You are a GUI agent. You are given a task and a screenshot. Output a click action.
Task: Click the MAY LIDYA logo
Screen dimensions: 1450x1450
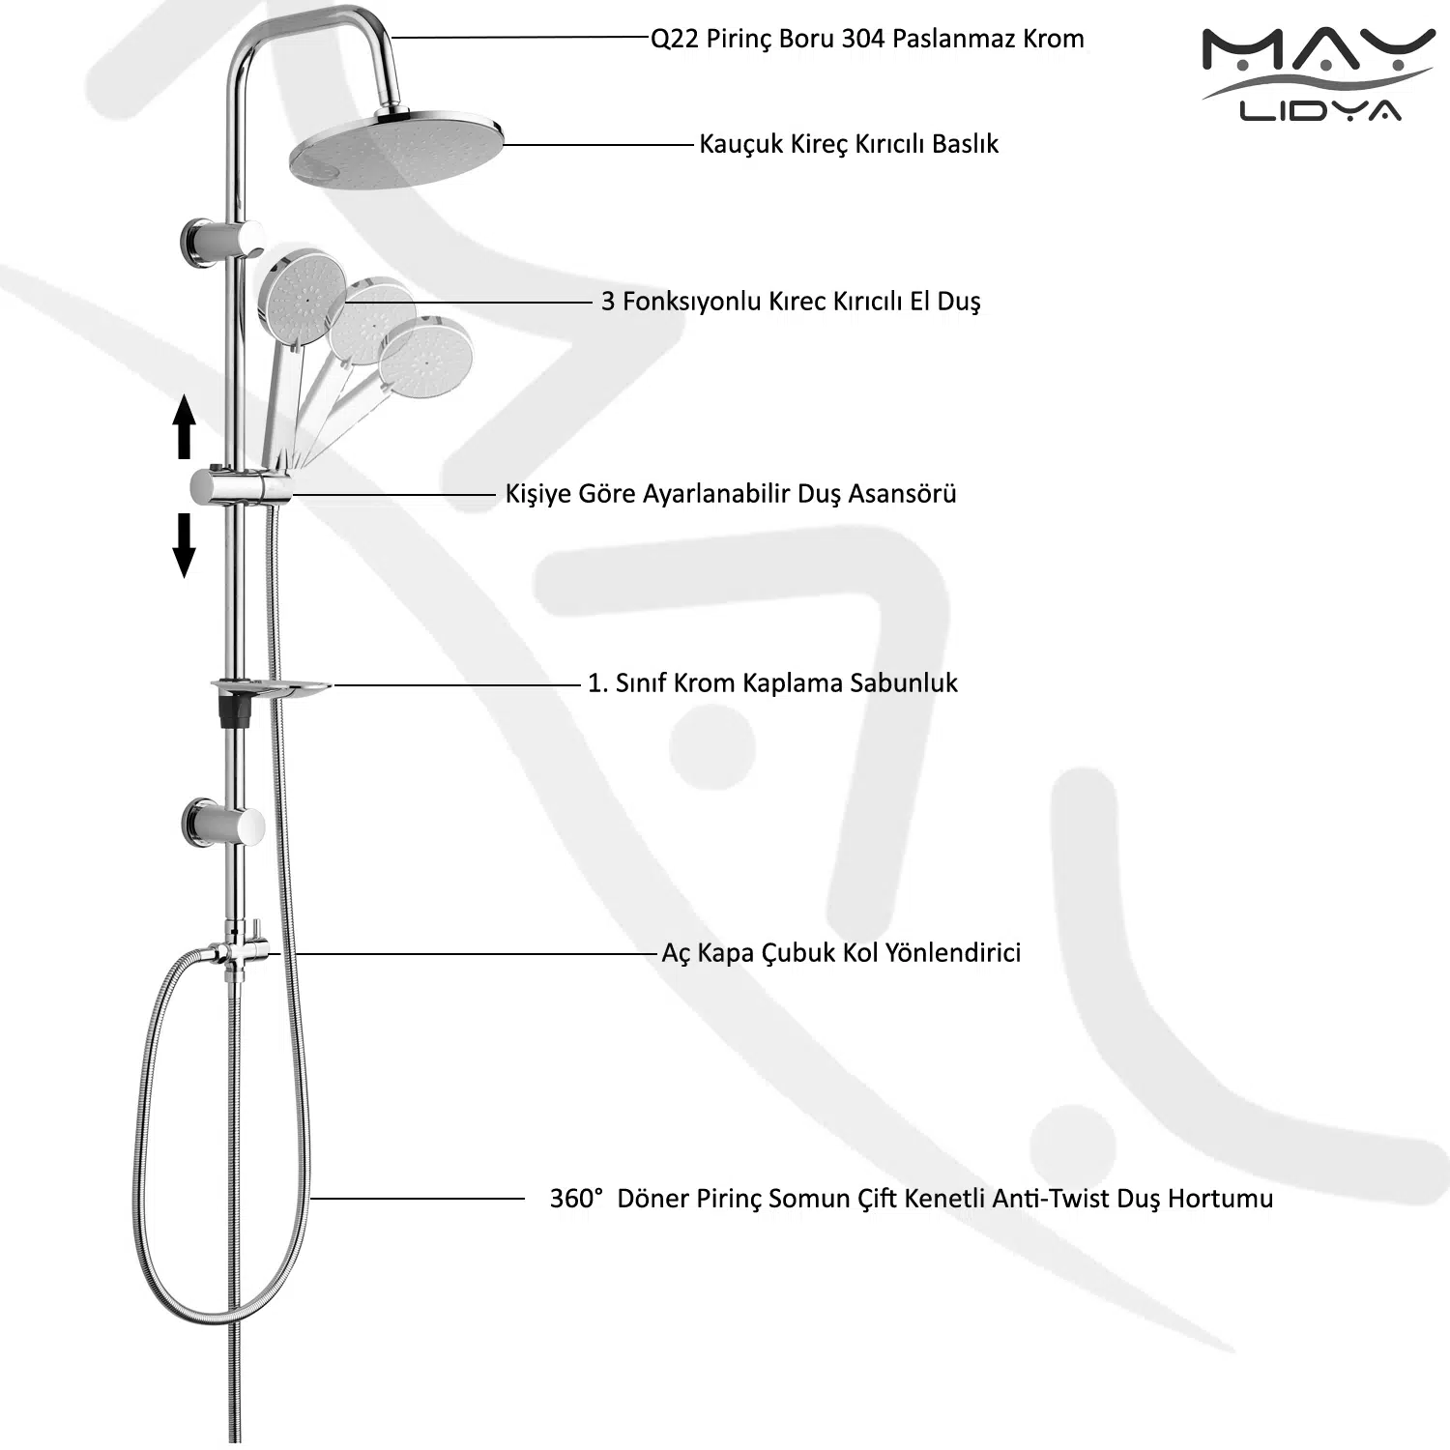pyautogui.click(x=1318, y=75)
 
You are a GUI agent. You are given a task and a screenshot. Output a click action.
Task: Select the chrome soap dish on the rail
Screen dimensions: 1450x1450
pyautogui.click(x=271, y=688)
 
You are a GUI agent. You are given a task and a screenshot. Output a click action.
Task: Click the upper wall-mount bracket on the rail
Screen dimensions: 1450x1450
pyautogui.click(x=220, y=242)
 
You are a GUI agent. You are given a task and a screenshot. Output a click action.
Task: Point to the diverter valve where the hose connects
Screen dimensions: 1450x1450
pyautogui.click(x=238, y=951)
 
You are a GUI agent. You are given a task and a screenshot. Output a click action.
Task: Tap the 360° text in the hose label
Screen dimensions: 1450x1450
pyautogui.click(x=576, y=1199)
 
